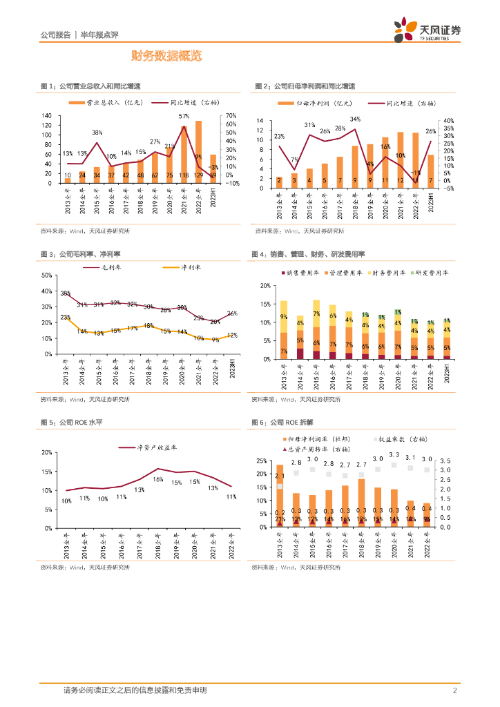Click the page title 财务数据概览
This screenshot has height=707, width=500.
click(x=166, y=56)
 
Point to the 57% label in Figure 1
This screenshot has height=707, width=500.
click(x=184, y=116)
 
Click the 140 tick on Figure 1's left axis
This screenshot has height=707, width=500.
click(x=47, y=115)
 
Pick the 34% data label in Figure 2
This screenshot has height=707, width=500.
click(x=355, y=119)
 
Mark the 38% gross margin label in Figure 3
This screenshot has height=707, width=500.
click(x=66, y=293)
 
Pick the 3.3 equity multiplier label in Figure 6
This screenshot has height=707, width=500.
click(x=394, y=455)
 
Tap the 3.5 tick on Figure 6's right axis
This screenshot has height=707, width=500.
click(x=445, y=461)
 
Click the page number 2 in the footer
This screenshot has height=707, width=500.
click(x=455, y=690)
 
